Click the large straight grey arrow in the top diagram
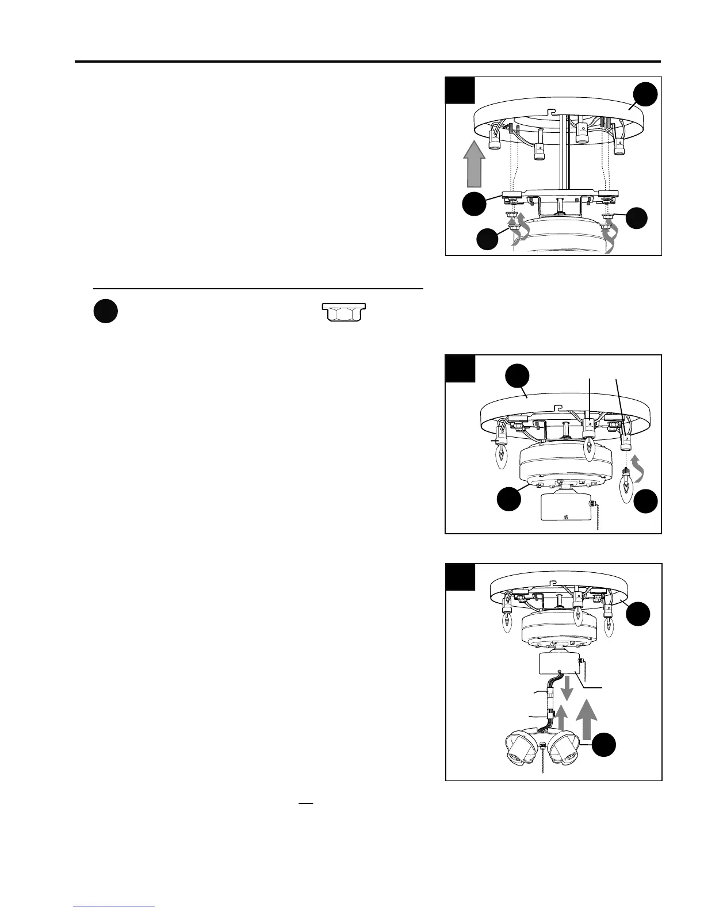coord(473,166)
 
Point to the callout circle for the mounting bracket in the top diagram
coord(475,204)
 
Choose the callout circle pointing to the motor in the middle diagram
coord(510,499)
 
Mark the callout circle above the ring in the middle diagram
coord(517,378)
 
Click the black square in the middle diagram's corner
coord(460,369)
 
